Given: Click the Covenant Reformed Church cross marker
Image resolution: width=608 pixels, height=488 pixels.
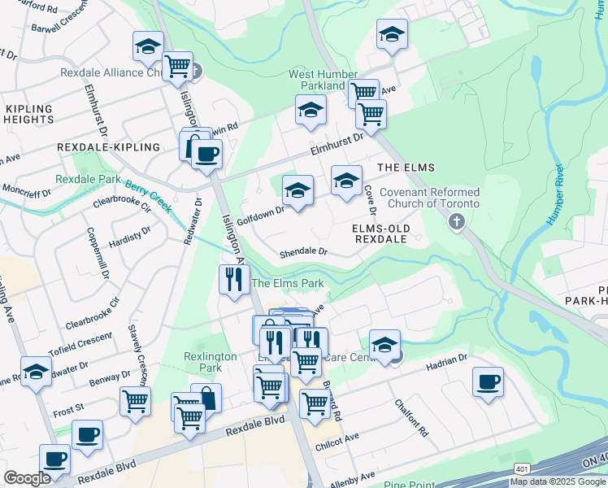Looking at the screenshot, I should pos(457,221).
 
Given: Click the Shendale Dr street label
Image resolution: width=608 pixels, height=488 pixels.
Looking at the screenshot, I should pos(303,253).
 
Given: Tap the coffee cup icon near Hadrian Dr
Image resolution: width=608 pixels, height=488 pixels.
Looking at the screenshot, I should pos(488,381).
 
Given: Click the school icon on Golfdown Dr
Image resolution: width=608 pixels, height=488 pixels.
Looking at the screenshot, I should pos(297,191).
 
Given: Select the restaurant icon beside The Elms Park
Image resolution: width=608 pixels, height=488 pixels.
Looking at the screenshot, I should pos(234,280).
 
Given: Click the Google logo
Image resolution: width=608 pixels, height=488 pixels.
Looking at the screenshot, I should pos(27,478).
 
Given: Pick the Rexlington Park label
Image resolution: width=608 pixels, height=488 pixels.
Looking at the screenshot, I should pos(211,362).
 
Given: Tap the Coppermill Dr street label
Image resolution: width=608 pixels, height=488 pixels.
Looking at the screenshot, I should pos(98,252).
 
